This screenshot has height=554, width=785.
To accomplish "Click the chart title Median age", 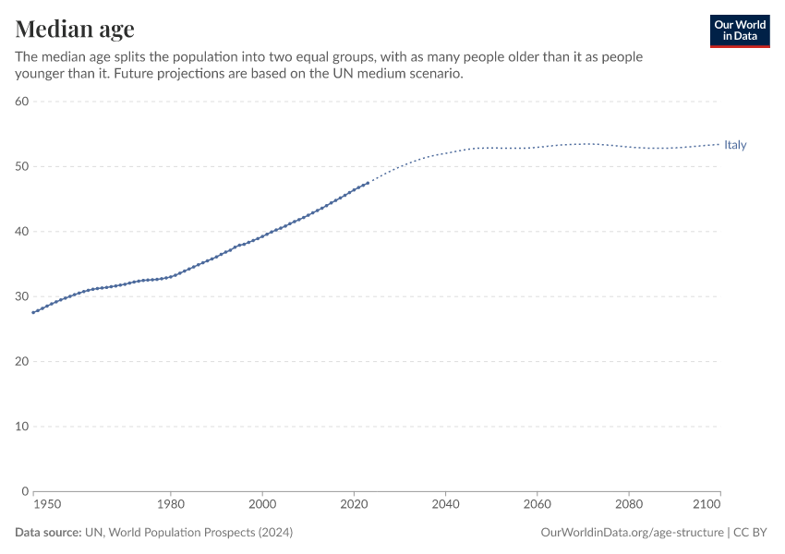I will pos(75,28).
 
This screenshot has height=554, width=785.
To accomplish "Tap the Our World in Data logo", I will pos(739,30).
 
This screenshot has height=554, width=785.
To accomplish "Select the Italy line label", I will pos(735,145).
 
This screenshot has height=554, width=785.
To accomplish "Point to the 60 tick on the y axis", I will pos(23,102).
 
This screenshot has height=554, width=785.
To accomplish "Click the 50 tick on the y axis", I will pos(23,166).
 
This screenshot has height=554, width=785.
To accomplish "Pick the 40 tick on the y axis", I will pos(23,232).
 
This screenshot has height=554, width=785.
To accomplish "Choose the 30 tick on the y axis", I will pos(23,296).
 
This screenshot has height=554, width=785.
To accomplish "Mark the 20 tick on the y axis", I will pos(23,361).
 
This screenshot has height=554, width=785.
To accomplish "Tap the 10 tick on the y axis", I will pos(23,427).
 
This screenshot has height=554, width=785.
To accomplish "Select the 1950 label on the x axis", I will pos(47,505).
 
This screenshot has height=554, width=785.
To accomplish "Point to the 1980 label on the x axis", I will pos(171,505).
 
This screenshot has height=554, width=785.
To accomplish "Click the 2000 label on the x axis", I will pos(262,505).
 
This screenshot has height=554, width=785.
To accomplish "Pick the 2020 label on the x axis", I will pos(354,505).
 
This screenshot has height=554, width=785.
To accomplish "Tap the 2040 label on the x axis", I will pos(445,505).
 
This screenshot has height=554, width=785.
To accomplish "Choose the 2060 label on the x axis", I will pos(537,505).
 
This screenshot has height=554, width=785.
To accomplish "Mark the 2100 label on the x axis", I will pos(706,505).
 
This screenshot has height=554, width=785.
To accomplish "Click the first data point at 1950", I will pos(34,312).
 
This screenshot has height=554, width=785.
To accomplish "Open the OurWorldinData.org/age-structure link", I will pos(633,533).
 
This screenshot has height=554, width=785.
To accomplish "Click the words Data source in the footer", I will pos(48,533).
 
